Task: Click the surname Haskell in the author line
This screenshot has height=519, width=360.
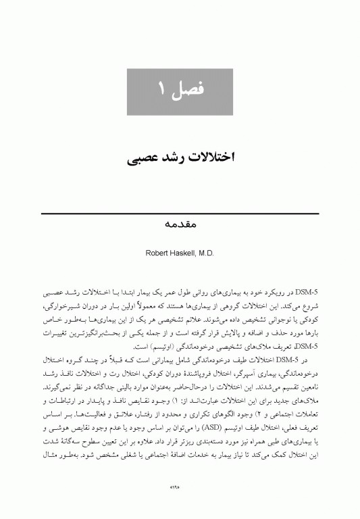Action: click(x=182, y=251)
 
